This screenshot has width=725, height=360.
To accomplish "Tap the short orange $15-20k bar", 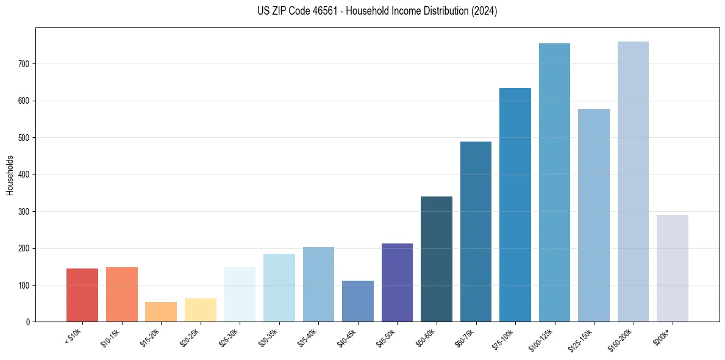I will [161, 312].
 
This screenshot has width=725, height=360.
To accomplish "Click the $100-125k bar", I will [554, 182].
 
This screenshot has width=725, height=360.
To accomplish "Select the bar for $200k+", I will [673, 268].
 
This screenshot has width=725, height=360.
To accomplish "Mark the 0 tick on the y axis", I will [29, 322].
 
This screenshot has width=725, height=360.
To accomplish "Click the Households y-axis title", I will [10, 175].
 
